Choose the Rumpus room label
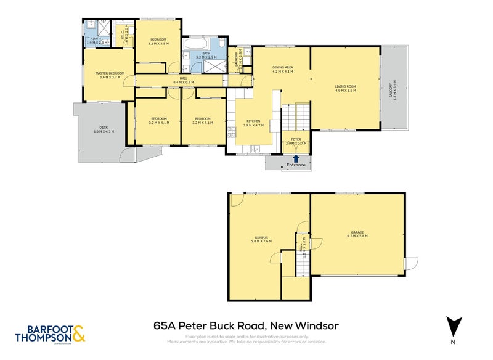263,239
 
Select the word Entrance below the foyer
296,165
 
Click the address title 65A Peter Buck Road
246,325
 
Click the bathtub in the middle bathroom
192,46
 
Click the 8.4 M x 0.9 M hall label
183,80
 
